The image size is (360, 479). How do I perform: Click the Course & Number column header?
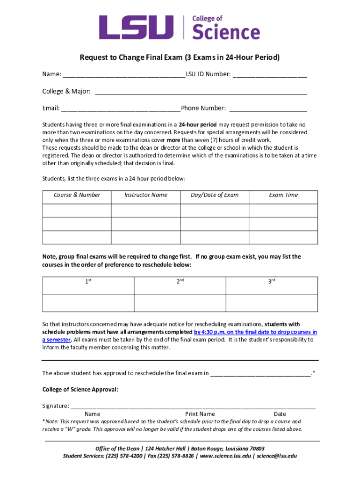pyautogui.click(x=77, y=195)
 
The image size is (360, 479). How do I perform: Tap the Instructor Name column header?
pyautogui.click(x=145, y=195)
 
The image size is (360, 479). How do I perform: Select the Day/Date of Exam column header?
pyautogui.click(x=214, y=195)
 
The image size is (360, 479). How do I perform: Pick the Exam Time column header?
pyautogui.click(x=283, y=195)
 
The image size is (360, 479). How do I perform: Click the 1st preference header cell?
pyautogui.click(x=88, y=282)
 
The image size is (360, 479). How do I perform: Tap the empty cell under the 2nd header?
pyautogui.click(x=180, y=303)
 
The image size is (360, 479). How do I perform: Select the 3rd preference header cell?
pyautogui.click(x=272, y=282)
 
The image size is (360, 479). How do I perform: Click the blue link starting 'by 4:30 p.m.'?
pyautogui.click(x=255, y=332)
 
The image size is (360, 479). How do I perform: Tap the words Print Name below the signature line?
pyautogui.click(x=200, y=414)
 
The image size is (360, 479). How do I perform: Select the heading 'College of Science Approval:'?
pyautogui.click(x=80, y=389)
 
